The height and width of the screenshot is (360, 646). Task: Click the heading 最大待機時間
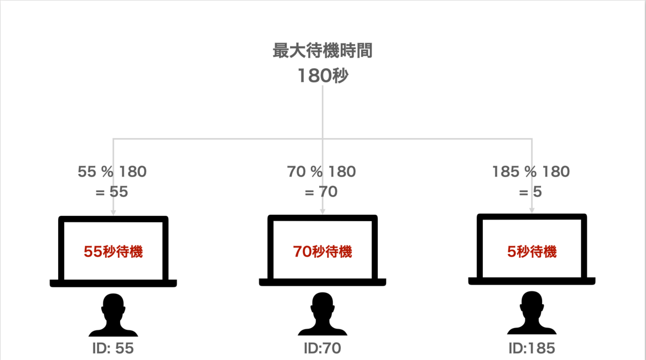(322, 52)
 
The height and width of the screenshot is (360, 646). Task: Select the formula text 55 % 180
(112, 172)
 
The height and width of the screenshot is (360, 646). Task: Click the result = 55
(111, 192)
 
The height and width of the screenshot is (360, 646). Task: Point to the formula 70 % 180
(321, 172)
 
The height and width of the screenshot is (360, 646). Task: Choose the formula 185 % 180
(531, 172)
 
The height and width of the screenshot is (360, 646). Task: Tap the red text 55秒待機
(114, 251)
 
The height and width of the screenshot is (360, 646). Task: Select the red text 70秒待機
(322, 251)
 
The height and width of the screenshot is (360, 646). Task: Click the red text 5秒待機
(532, 251)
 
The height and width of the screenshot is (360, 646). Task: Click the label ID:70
(322, 348)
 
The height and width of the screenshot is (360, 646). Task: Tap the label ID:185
(532, 348)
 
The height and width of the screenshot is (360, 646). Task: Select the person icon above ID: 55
(113, 315)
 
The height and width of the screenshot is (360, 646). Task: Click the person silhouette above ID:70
(322, 315)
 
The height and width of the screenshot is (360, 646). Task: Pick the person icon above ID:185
(532, 315)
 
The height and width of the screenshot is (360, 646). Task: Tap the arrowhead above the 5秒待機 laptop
(532, 210)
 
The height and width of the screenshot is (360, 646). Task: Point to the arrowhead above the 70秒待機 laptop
(322, 212)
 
